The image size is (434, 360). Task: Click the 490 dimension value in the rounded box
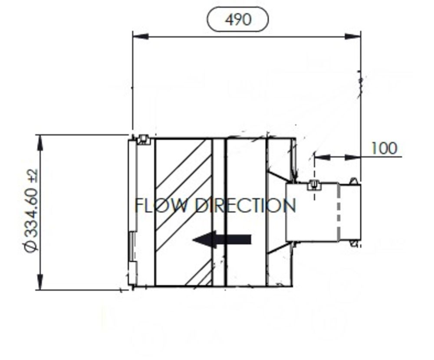pyautogui.click(x=238, y=20)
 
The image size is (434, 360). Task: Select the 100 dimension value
pyautogui.click(x=384, y=148)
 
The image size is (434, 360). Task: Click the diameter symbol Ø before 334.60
pyautogui.click(x=31, y=246)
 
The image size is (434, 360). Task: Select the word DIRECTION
pyautogui.click(x=246, y=205)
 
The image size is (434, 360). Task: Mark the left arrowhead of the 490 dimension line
pyautogui.click(x=140, y=36)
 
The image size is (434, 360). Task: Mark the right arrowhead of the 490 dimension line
pyautogui.click(x=353, y=36)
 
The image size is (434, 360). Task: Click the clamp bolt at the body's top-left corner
pyautogui.click(x=143, y=140)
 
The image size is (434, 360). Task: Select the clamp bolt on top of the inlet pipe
pyautogui.click(x=314, y=185)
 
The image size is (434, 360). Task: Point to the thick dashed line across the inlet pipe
pyautogui.click(x=338, y=213)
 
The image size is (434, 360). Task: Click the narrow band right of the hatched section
pyautogui.click(x=219, y=213)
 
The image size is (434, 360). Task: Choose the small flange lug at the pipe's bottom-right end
pyautogui.click(x=355, y=243)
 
